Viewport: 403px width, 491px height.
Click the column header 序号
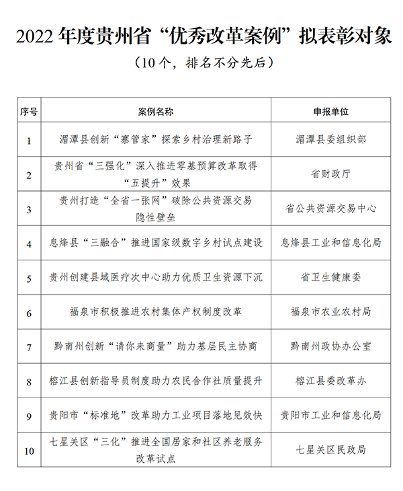29,111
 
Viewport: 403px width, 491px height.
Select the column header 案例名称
156,111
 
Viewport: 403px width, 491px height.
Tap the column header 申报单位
330,111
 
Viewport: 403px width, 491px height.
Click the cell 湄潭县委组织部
330,140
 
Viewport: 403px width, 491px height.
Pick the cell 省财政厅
330,174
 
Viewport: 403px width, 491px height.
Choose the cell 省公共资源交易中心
330,209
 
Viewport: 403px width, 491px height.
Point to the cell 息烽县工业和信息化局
330,243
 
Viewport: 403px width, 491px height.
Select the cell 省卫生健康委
330,277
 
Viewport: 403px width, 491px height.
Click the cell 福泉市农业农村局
330,312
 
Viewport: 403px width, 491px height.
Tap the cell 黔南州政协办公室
330,346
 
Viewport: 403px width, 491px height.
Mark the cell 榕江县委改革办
330,381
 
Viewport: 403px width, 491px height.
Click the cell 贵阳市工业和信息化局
330,416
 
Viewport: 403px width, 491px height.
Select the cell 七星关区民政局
330,450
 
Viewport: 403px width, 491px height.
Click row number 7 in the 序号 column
29,346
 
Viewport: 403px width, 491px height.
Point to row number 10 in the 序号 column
29,450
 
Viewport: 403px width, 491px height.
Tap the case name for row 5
156,277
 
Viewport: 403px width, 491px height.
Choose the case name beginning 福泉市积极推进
156,312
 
